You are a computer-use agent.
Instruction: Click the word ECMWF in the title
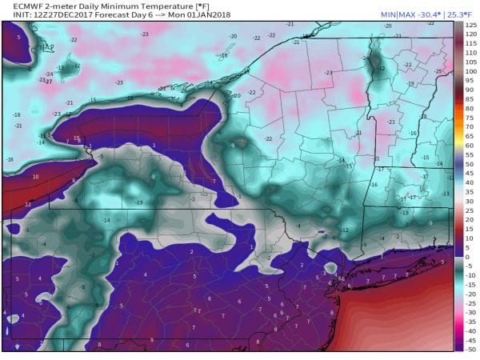pos(18,6)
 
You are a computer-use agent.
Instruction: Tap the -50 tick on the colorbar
pos(471,349)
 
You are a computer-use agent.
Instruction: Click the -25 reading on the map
pos(438,71)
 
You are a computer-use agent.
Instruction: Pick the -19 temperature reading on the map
pos(410,83)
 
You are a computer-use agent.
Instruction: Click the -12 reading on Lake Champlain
pos(382,69)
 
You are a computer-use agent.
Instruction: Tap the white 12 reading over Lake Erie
pos(28,204)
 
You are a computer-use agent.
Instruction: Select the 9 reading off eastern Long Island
pos(442,262)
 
